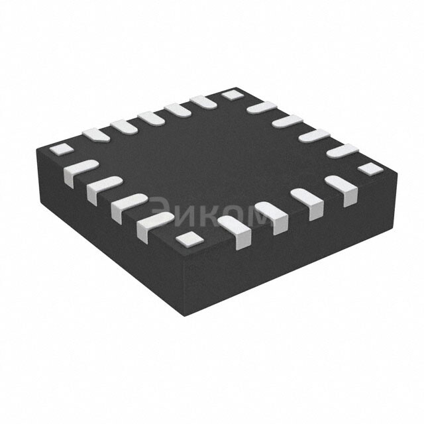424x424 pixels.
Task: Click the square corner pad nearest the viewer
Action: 189,238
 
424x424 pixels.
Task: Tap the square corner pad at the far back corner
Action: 231,95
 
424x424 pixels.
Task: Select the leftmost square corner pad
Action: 60,149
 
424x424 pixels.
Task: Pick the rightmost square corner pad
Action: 368,168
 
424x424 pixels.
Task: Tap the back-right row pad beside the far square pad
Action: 262,107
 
